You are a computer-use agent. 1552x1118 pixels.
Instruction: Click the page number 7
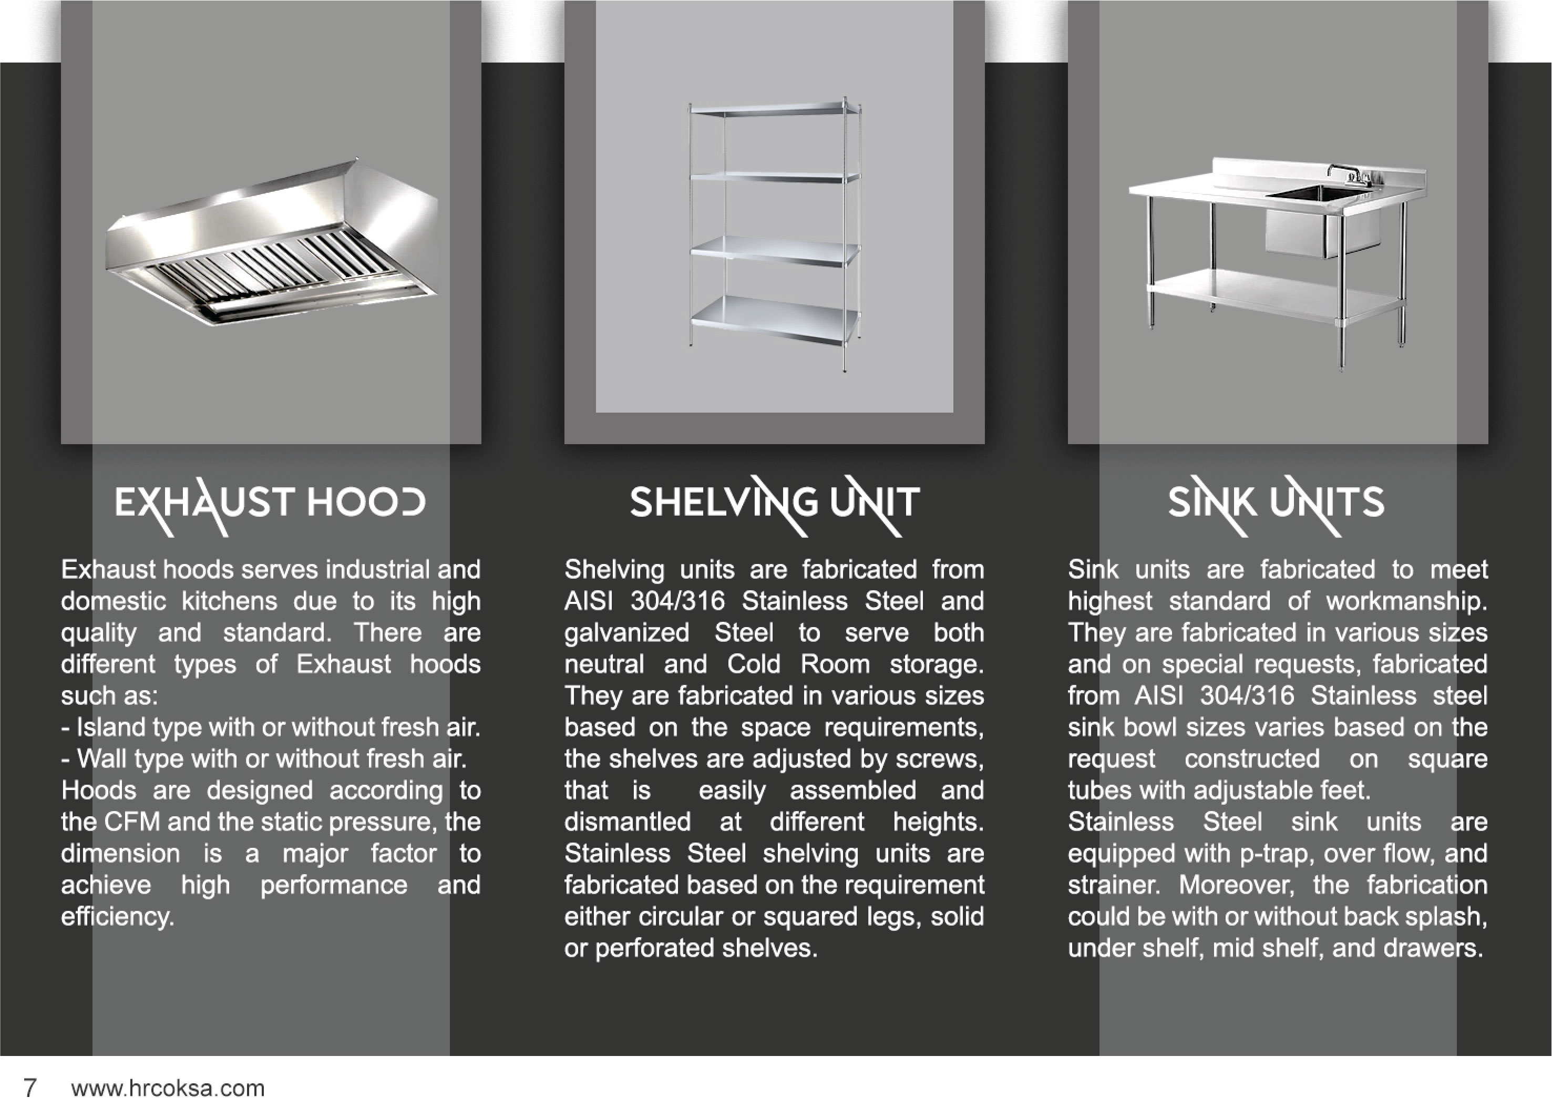[x=30, y=1088]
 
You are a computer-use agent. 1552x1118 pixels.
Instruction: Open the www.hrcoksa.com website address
[x=168, y=1089]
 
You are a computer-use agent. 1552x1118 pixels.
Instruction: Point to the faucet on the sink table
[x=1348, y=175]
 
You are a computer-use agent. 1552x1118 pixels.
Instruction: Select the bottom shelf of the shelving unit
[x=775, y=320]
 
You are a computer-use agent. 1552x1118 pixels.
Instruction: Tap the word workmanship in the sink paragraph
[x=1407, y=601]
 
